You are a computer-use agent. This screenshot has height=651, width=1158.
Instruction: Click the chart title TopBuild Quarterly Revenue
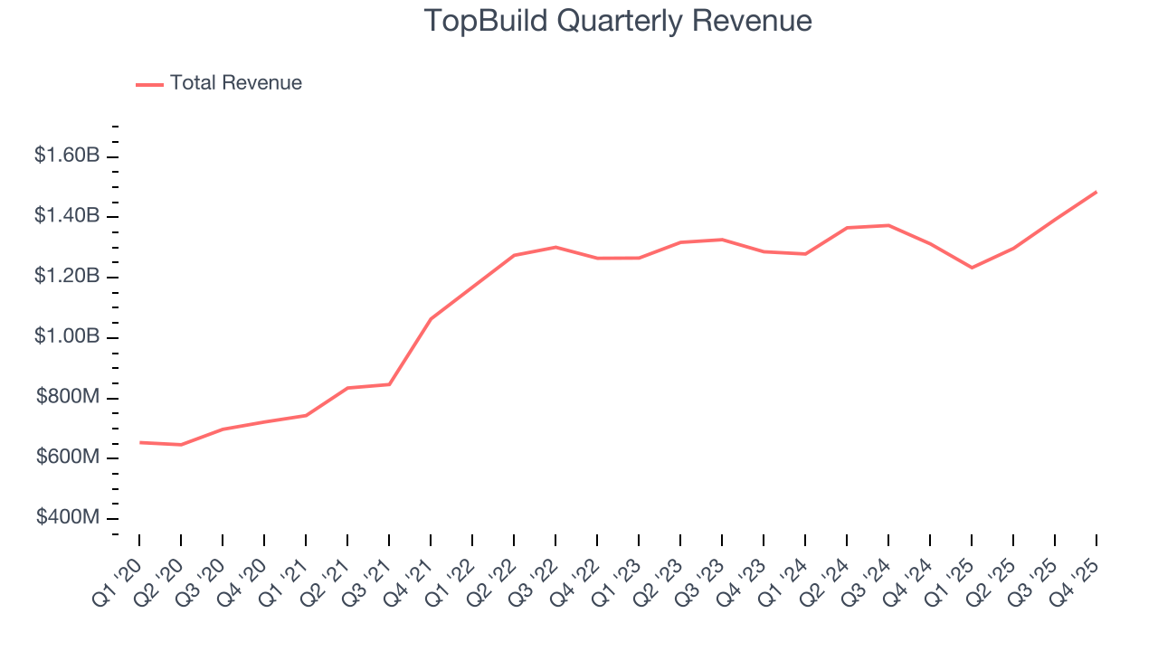click(618, 21)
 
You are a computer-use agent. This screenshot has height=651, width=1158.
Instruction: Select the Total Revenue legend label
click(235, 83)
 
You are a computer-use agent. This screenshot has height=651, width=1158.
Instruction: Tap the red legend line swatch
click(149, 84)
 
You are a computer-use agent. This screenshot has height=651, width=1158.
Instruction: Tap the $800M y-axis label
click(68, 397)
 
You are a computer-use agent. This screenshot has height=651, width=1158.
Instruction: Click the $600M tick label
click(68, 458)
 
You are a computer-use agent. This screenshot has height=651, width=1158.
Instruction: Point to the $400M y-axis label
click(68, 518)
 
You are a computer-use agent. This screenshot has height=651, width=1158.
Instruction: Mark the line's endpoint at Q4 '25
click(1096, 192)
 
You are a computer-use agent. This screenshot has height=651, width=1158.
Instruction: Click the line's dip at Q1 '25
click(972, 268)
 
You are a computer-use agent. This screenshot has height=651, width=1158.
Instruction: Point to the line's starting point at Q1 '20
click(139, 442)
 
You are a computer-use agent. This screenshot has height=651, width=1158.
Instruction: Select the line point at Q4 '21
click(431, 318)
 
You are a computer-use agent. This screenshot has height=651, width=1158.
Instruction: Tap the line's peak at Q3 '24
click(888, 225)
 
